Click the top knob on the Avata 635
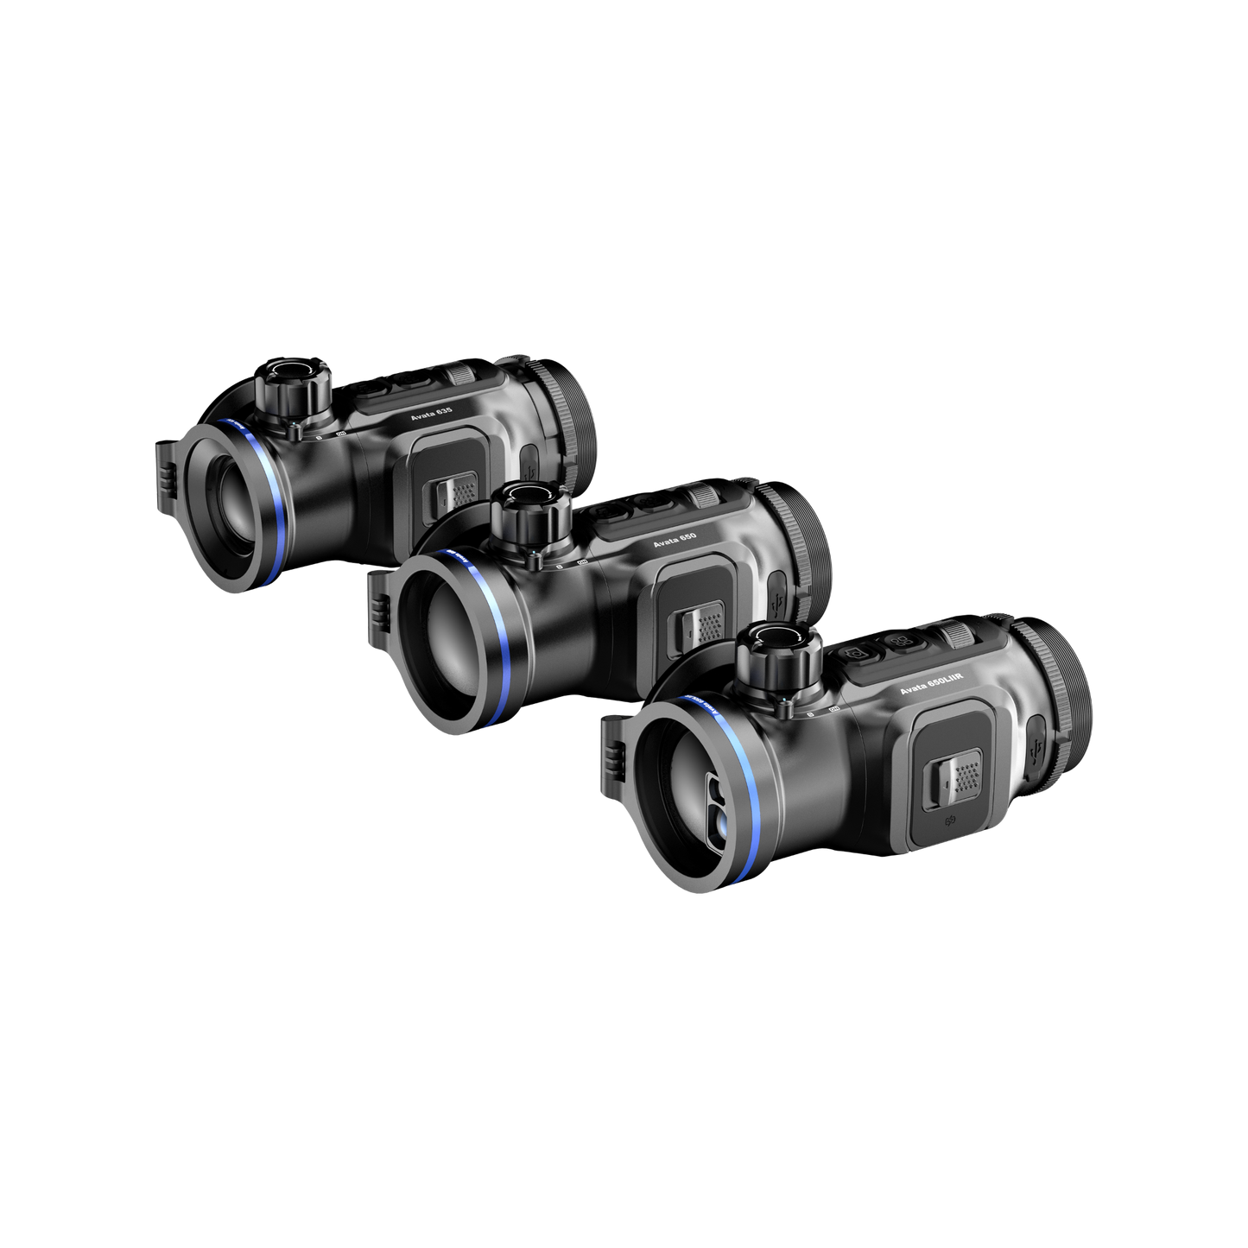(289, 383)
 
